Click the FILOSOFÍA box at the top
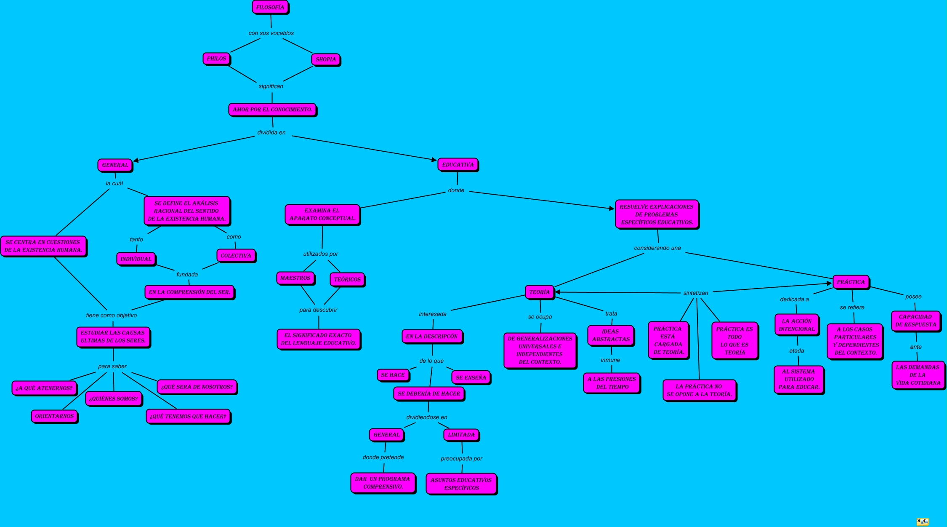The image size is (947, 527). click(x=270, y=8)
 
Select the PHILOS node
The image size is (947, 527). click(x=216, y=59)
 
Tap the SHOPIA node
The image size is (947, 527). click(x=326, y=59)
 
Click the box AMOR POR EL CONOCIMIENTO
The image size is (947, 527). click(x=272, y=110)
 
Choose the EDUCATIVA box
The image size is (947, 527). click(x=458, y=165)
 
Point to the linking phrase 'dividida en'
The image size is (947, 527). click(x=271, y=133)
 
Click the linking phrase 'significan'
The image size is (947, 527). click(x=271, y=86)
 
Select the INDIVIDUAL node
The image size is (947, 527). click(x=136, y=259)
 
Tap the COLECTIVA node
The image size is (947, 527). click(x=236, y=256)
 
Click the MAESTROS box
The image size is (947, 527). click(x=295, y=278)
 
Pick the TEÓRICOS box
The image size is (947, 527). click(x=347, y=279)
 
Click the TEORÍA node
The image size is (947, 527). click(x=540, y=292)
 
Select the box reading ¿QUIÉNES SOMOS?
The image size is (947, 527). click(x=114, y=399)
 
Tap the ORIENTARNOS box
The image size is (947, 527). click(x=54, y=416)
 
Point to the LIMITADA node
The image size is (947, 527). click(x=461, y=435)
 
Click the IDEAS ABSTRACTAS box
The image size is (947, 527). click(x=611, y=335)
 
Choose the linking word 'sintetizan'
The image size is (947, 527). click(x=695, y=293)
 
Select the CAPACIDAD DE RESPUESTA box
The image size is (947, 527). click(x=915, y=321)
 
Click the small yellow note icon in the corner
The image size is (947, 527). click(x=923, y=522)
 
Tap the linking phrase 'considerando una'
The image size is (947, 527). click(x=657, y=248)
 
